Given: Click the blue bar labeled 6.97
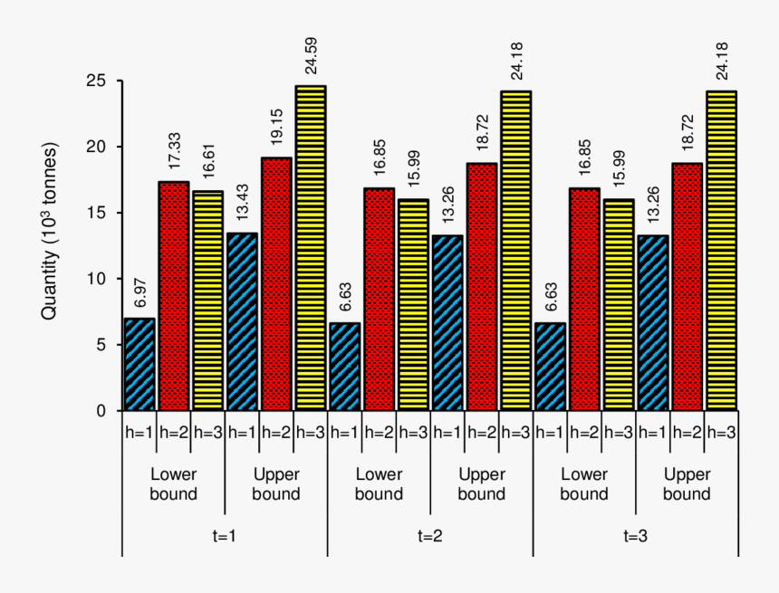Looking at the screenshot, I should point(139,365).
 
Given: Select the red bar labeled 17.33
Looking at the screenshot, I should point(174,296).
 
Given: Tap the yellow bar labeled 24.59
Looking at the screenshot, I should point(311,248).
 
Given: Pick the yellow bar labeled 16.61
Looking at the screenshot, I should point(208,301).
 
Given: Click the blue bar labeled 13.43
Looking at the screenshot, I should point(242,322).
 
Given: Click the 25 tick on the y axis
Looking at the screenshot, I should point(101,81).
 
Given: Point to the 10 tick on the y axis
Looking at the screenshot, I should point(101,279).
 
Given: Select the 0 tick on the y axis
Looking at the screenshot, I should point(105,411).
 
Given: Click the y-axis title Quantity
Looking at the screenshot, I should point(51,230).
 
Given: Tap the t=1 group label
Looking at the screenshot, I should point(224,535).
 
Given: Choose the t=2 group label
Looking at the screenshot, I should point(429,535).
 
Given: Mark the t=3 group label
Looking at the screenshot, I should point(635,535).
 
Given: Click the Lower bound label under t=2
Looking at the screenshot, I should point(379,484).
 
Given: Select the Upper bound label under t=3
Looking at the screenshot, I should point(687,484).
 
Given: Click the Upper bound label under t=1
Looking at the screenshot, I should point(276,484).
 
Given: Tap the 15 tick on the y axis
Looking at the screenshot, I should point(101,213).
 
